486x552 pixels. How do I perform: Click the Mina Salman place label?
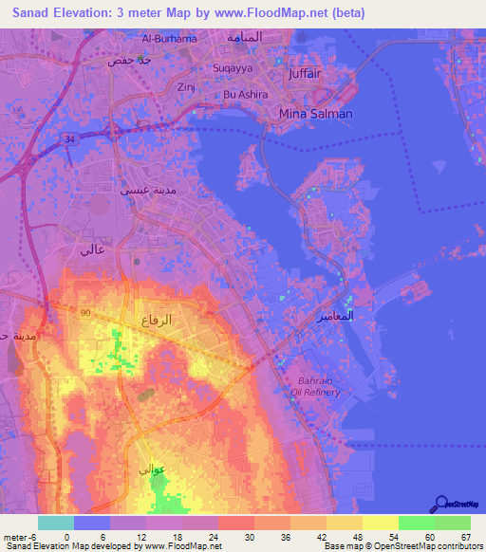(x=316, y=114)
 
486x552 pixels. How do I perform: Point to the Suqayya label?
(x=233, y=68)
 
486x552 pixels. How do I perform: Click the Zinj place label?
(x=185, y=85)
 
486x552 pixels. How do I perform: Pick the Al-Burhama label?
(x=169, y=39)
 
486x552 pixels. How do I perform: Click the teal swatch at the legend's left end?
(x=56, y=523)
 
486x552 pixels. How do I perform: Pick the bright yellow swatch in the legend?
(x=380, y=523)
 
